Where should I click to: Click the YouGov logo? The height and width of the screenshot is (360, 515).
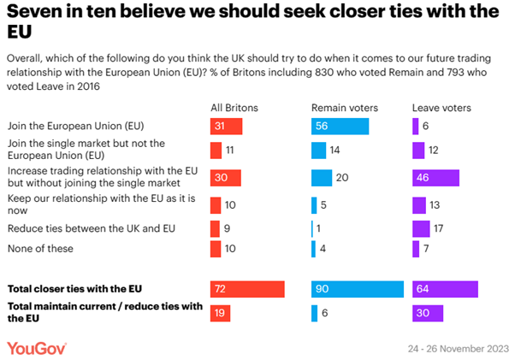pyautogui.click(x=37, y=348)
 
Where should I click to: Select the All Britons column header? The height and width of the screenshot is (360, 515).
pyautogui.click(x=234, y=107)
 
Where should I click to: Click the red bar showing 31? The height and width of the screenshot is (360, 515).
pyautogui.click(x=227, y=127)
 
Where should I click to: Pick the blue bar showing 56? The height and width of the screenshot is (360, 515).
pyautogui.click(x=340, y=127)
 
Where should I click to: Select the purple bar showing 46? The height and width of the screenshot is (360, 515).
pyautogui.click(x=435, y=178)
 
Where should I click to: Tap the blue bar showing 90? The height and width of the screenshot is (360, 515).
pyautogui.click(x=357, y=289)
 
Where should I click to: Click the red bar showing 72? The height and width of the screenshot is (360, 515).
pyautogui.click(x=246, y=289)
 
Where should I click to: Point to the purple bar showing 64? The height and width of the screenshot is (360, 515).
pyautogui.click(x=445, y=289)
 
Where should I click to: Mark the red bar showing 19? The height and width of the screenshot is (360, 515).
pyautogui.click(x=220, y=313)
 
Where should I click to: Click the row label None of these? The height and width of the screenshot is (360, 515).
pyautogui.click(x=40, y=249)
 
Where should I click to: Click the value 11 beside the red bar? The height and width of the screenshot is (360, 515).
pyautogui.click(x=230, y=150)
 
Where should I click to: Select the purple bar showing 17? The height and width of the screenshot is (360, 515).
pyautogui.click(x=421, y=229)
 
